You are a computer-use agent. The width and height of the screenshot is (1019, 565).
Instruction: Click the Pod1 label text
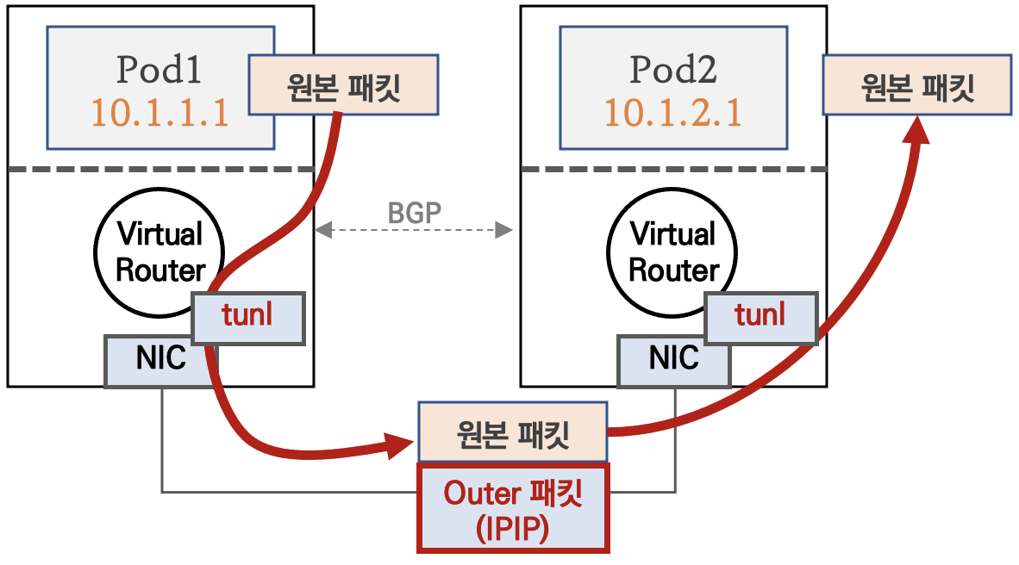coord(159,71)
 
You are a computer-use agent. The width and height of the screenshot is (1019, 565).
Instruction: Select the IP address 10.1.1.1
coord(159,113)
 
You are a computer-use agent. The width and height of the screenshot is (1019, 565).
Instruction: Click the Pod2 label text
coord(672,71)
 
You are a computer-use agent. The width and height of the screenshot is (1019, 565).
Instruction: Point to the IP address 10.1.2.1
coord(672,113)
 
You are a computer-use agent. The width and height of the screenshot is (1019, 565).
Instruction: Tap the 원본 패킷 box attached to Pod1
coord(343,85)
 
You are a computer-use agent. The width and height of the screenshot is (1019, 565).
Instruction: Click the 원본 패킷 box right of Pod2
coord(917,85)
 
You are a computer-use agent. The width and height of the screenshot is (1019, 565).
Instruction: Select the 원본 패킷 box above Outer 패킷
coord(512,433)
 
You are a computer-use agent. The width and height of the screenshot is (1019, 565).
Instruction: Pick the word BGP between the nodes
coord(414,214)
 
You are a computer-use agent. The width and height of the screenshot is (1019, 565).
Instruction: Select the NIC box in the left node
coord(160,359)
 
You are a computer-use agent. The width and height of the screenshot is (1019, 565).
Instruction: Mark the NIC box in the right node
coord(674,359)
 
